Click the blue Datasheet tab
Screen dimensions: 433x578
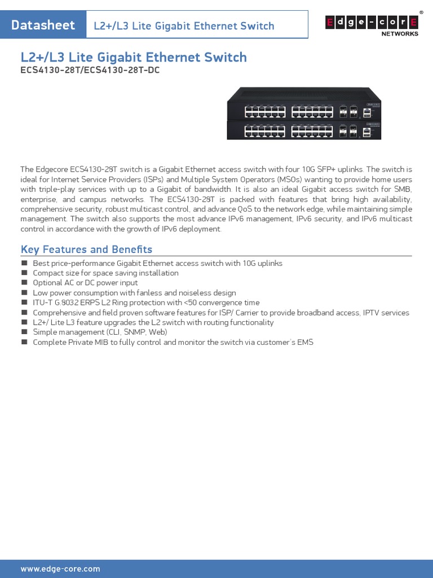point(43,25)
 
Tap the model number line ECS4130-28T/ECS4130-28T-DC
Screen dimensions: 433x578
point(86,71)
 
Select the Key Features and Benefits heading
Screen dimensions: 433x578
point(86,249)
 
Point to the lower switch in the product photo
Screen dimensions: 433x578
point(303,130)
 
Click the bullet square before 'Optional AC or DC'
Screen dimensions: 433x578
point(24,283)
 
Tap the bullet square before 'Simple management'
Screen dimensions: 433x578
point(24,332)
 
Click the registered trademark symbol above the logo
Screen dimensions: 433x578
point(421,12)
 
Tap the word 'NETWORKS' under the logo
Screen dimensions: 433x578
point(400,34)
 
